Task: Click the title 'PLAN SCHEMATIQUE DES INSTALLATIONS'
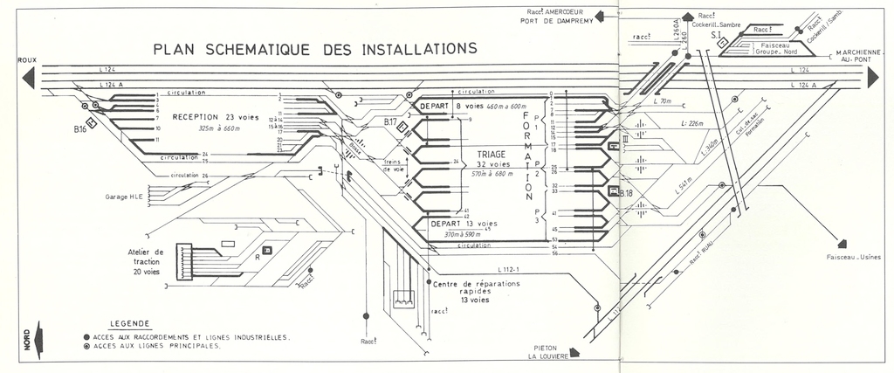[x=314, y=49]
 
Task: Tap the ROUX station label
[x=25, y=60]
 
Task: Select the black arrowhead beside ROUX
[x=28, y=77]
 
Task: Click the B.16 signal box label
[x=80, y=129]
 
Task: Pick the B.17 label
[x=390, y=121]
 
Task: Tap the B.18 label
[x=625, y=192]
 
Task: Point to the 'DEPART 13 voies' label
[x=464, y=224]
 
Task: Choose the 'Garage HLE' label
[x=124, y=197]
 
